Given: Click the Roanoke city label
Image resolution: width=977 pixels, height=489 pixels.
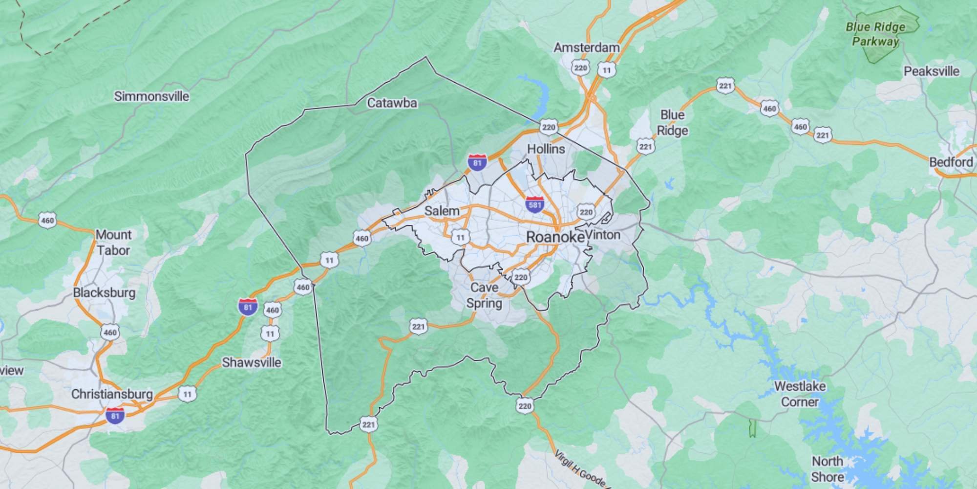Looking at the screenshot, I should (555, 237).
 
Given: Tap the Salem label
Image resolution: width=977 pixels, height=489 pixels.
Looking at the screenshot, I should (442, 211).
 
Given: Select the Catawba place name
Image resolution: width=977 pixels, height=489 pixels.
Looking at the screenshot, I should (392, 103).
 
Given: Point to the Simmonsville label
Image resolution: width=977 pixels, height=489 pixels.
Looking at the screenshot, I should (151, 96).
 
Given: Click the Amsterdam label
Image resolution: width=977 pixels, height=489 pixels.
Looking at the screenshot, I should (586, 48).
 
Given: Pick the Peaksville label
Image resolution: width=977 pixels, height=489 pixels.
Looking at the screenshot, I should (931, 71).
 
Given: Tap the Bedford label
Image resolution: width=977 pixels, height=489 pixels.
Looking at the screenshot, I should (951, 162).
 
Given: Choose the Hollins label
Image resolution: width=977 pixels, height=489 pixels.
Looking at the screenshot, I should (546, 149).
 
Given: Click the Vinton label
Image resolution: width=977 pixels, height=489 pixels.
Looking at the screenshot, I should (603, 235).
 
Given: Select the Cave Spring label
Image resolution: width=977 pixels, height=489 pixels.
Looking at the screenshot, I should (484, 295).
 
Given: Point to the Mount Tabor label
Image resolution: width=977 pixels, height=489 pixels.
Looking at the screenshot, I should (113, 243).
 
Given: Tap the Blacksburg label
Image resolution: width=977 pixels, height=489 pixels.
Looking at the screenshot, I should (104, 293).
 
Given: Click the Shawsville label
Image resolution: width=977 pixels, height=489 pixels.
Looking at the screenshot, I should (252, 363).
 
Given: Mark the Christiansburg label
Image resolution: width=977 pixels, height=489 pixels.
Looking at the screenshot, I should (112, 394).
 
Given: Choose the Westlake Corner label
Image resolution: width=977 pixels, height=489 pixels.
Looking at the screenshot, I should (800, 394).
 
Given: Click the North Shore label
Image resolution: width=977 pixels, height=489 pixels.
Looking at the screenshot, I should (828, 469).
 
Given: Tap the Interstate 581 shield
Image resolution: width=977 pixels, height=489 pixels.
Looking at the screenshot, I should (535, 204).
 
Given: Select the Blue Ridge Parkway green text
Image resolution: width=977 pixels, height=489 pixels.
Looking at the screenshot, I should (875, 34).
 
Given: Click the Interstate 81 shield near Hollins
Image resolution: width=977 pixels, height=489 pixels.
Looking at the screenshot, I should (477, 162).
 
